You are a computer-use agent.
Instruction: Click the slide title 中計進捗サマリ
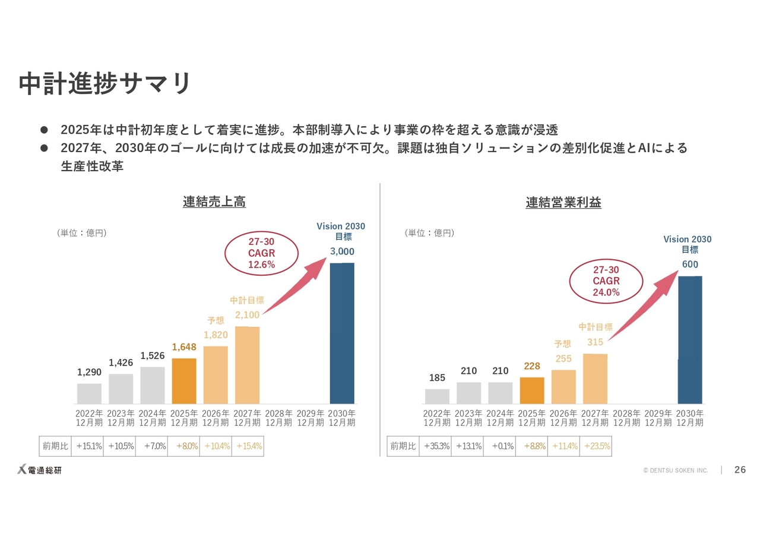click(105, 84)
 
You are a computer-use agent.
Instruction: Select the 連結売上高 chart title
click(214, 202)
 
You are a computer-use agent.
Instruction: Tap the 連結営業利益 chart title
click(563, 203)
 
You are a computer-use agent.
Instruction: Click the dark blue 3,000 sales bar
click(342, 333)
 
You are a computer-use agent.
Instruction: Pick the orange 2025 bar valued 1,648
click(184, 380)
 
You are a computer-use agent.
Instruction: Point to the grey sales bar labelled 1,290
click(89, 393)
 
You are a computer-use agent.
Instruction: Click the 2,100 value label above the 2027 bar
click(247, 315)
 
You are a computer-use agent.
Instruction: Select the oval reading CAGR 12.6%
click(261, 253)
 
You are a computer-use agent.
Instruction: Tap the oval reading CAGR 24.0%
click(606, 281)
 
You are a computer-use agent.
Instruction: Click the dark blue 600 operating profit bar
click(690, 339)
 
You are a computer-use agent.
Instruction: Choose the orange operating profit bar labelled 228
click(532, 390)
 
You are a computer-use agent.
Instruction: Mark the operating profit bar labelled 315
click(595, 379)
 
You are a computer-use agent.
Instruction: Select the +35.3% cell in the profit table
click(436, 446)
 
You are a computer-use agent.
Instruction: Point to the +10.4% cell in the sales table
click(216, 446)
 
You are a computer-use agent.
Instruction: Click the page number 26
click(740, 470)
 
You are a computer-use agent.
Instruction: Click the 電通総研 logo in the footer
click(39, 470)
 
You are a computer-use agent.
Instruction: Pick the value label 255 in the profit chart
click(563, 358)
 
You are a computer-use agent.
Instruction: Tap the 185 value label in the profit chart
click(437, 378)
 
